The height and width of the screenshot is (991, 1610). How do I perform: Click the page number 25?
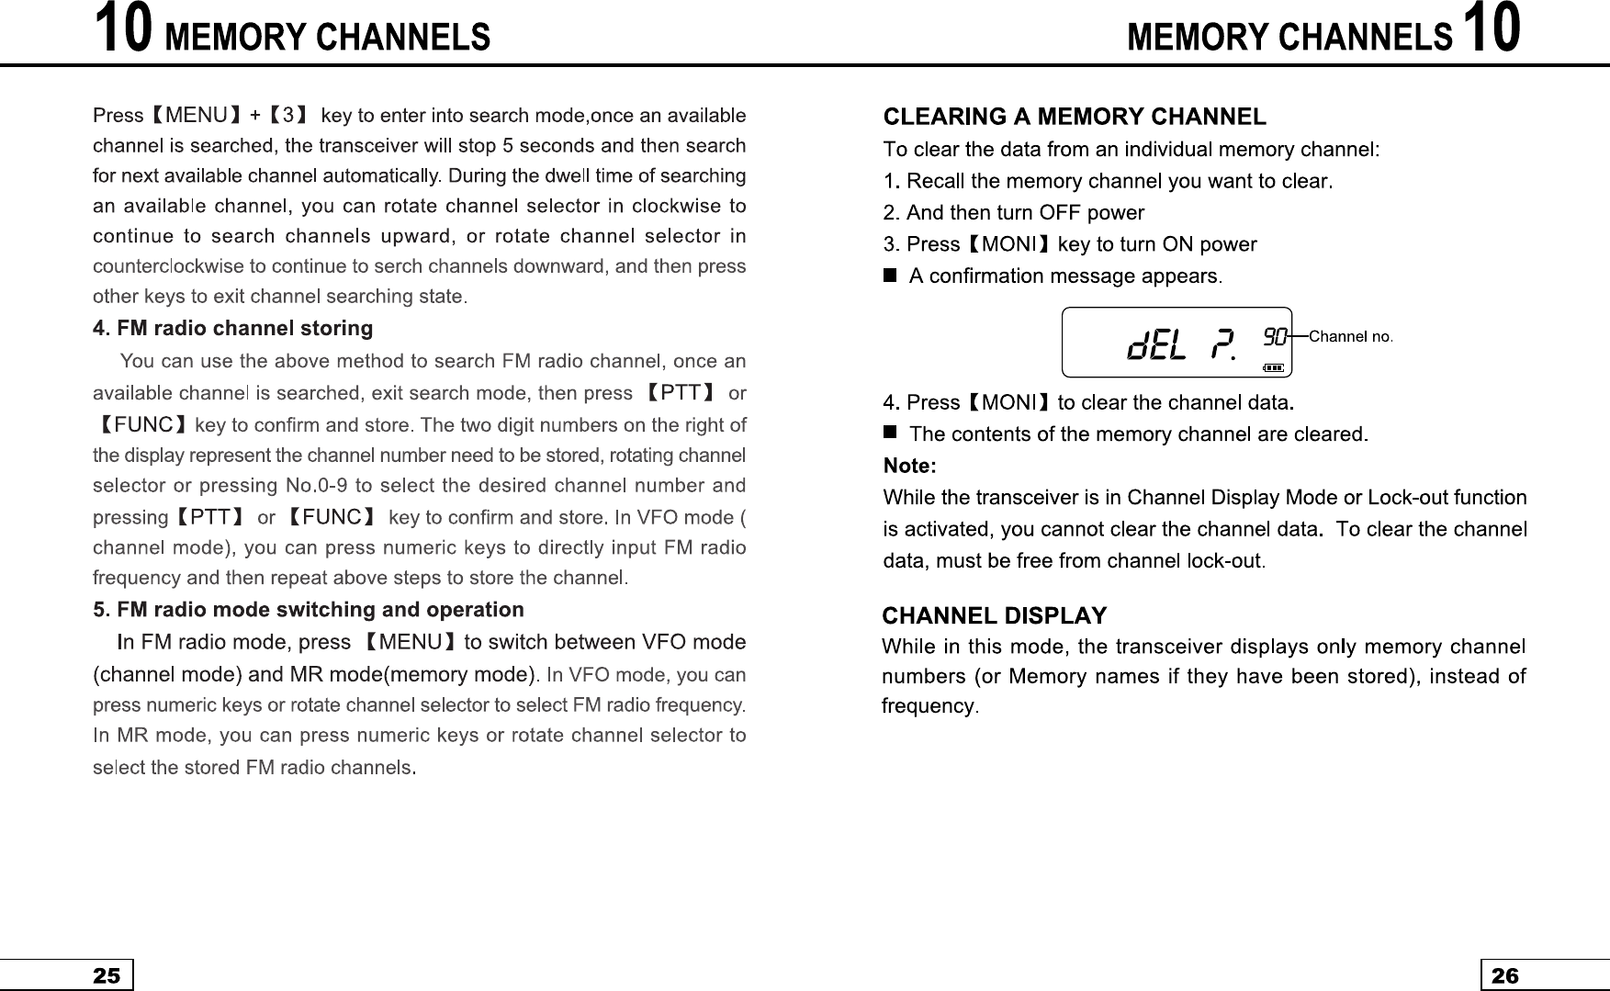pyautogui.click(x=107, y=975)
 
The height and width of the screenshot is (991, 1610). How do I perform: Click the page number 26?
pyautogui.click(x=1505, y=975)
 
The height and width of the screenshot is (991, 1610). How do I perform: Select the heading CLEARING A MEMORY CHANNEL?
pyautogui.click(x=1075, y=118)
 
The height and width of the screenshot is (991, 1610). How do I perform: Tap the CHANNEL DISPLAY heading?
pyautogui.click(x=995, y=615)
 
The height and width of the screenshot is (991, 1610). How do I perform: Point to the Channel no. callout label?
pyautogui.click(x=1350, y=336)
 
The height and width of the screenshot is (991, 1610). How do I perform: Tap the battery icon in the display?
pyautogui.click(x=1274, y=367)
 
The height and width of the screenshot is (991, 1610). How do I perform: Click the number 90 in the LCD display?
pyautogui.click(x=1274, y=336)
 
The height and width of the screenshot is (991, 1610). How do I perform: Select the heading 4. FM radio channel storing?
pyautogui.click(x=233, y=329)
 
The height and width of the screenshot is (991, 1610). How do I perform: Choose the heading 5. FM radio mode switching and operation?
pyautogui.click(x=309, y=610)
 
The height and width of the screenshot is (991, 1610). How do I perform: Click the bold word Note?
pyautogui.click(x=909, y=467)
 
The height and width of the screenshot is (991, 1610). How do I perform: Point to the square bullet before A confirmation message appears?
pyautogui.click(x=889, y=276)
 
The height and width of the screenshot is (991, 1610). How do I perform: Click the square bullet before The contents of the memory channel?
pyautogui.click(x=889, y=432)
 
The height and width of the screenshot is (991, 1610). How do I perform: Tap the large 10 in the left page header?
pyautogui.click(x=123, y=29)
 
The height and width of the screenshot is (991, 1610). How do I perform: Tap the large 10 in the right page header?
pyautogui.click(x=1492, y=29)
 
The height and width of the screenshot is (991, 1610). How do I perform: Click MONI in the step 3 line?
pyautogui.click(x=1009, y=244)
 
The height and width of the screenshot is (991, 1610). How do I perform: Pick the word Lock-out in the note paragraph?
pyautogui.click(x=1402, y=498)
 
